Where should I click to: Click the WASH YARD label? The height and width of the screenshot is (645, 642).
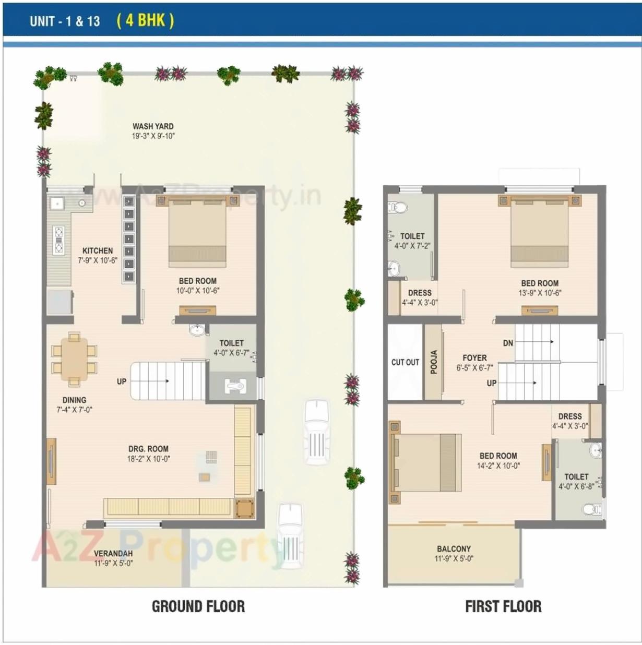coord(153,126)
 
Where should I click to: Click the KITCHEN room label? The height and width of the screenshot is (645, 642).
coord(98,250)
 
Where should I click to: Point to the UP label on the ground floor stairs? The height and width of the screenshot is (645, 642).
coord(122,381)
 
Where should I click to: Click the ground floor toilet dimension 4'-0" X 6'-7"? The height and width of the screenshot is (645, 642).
coord(231,353)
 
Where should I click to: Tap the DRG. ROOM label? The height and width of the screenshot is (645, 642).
coord(149,449)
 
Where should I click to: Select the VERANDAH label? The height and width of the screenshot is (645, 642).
coord(113,553)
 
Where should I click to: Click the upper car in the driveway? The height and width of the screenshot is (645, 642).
coord(317,432)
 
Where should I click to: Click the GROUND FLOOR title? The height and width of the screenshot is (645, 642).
coord(198,606)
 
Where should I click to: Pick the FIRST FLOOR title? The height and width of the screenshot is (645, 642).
coord(503,606)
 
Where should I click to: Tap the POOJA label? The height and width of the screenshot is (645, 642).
coord(433,362)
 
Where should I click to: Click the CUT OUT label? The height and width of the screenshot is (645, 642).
coord(405,362)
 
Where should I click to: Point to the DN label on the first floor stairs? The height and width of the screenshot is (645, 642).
coord(508,343)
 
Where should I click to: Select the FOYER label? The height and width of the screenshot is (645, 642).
coord(474,358)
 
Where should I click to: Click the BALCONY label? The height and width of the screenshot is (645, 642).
coord(454,548)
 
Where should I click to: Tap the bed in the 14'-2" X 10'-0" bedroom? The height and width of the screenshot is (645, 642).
coord(425,462)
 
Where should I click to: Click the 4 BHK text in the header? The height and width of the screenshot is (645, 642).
coord(146,20)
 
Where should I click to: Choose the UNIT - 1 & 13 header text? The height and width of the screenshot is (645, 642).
coord(65,21)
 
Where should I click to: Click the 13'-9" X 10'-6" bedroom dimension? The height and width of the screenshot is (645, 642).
coord(540,293)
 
